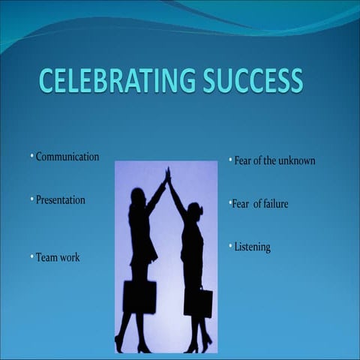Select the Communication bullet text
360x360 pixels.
[x=67, y=157]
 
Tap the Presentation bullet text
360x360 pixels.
[x=61, y=200]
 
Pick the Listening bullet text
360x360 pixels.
[x=252, y=247]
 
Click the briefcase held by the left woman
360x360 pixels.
[x=139, y=296]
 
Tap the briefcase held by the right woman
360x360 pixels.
[x=198, y=302]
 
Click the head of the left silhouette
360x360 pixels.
[x=138, y=196]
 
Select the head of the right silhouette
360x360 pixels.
[x=194, y=209]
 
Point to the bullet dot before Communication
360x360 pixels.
[x=32, y=156]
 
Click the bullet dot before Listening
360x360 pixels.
[x=230, y=246]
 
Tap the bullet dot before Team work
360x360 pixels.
[x=32, y=256]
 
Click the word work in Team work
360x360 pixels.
[x=70, y=257]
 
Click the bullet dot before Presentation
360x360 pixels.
[x=32, y=199]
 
